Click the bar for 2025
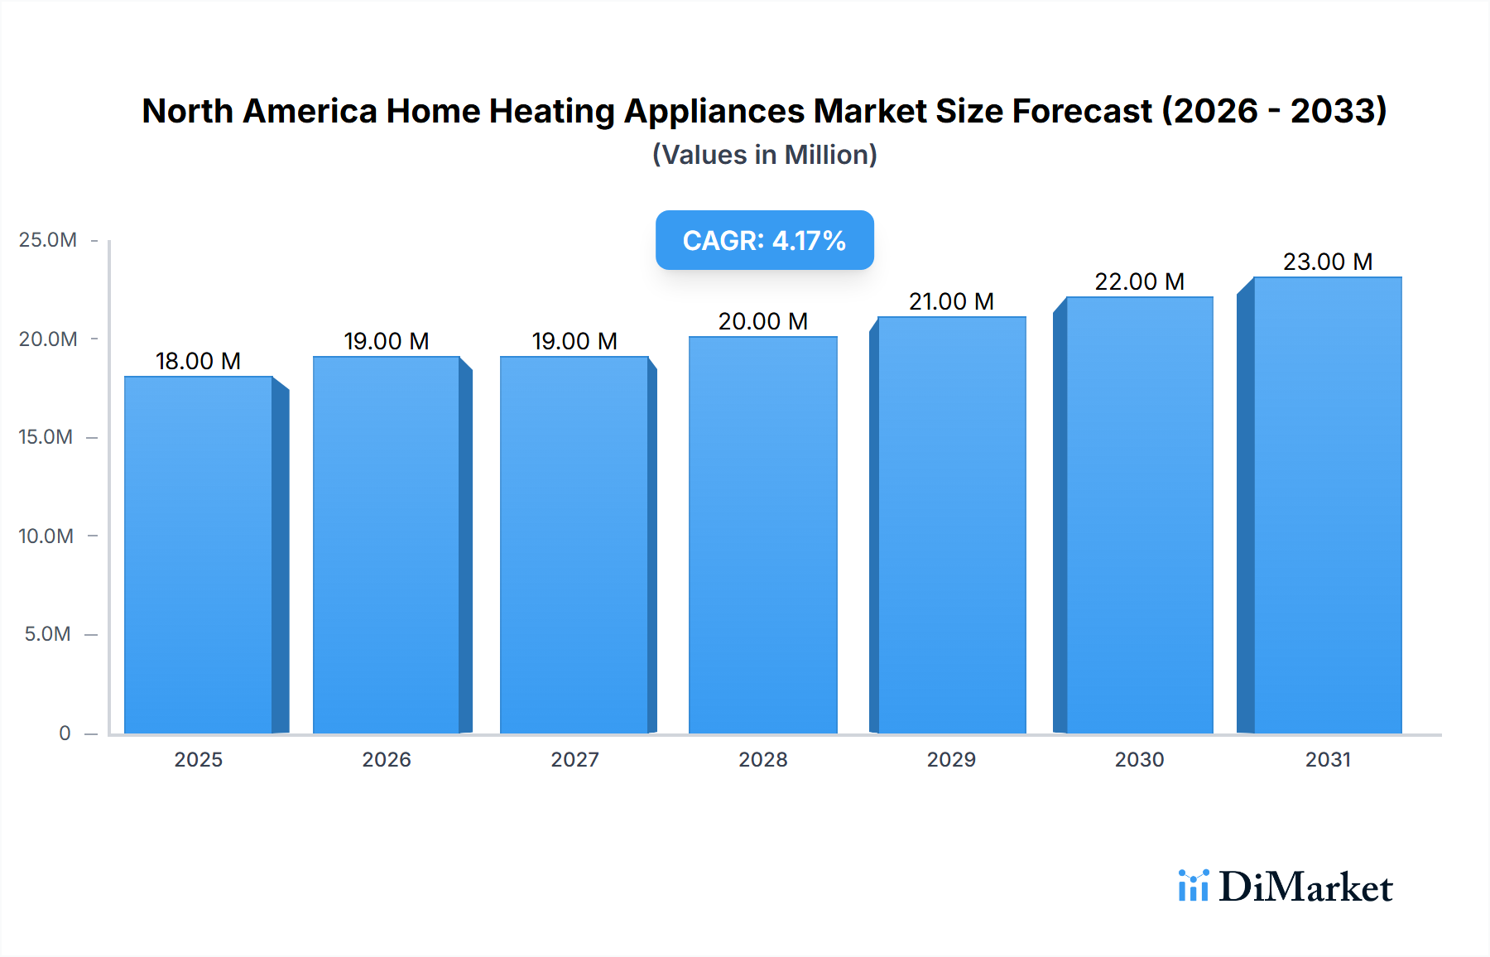(x=199, y=555)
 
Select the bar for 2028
(x=762, y=535)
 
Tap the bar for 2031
(x=1328, y=505)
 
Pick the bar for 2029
(x=951, y=525)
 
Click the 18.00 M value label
(x=198, y=361)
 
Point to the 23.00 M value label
(x=1328, y=262)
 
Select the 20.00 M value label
(x=762, y=321)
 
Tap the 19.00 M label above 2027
(x=574, y=341)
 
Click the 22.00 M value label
(x=1139, y=281)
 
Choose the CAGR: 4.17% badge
(x=764, y=240)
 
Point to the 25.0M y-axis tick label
(x=48, y=240)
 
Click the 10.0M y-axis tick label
(x=46, y=536)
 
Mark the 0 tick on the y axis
(x=65, y=733)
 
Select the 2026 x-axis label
(x=387, y=759)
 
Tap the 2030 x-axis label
(x=1139, y=759)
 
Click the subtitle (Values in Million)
(x=764, y=155)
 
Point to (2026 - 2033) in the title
(x=1274, y=111)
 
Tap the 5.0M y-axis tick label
(x=48, y=634)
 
